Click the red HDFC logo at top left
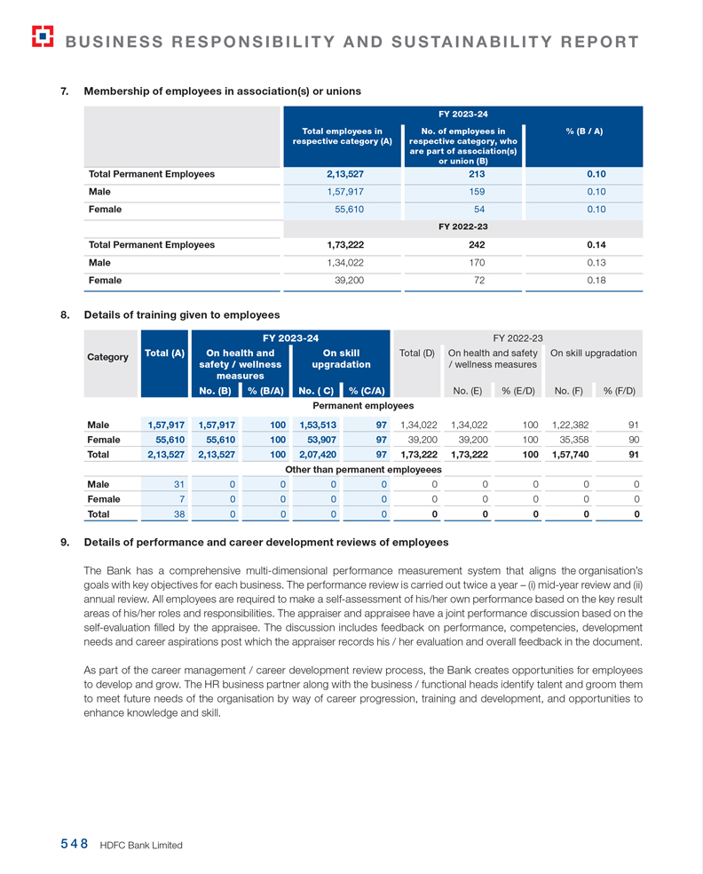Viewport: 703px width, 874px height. [42, 36]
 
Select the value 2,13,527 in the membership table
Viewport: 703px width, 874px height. [345, 174]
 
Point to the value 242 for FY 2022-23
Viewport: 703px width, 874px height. [464, 244]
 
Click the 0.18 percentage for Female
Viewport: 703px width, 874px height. [596, 280]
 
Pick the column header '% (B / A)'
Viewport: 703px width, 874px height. [584, 131]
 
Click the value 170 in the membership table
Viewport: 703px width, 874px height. [464, 262]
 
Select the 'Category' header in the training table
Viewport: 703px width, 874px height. [107, 357]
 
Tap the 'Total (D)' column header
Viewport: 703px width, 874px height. [417, 354]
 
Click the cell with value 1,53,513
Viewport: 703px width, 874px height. [319, 425]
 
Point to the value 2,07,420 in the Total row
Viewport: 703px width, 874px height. [319, 454]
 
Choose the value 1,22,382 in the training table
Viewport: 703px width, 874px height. [571, 425]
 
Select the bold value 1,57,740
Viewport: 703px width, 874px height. [571, 454]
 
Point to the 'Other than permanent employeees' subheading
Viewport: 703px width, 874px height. [363, 469]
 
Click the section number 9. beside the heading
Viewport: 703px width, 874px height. [65, 542]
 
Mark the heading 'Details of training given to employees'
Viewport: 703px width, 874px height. [181, 314]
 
